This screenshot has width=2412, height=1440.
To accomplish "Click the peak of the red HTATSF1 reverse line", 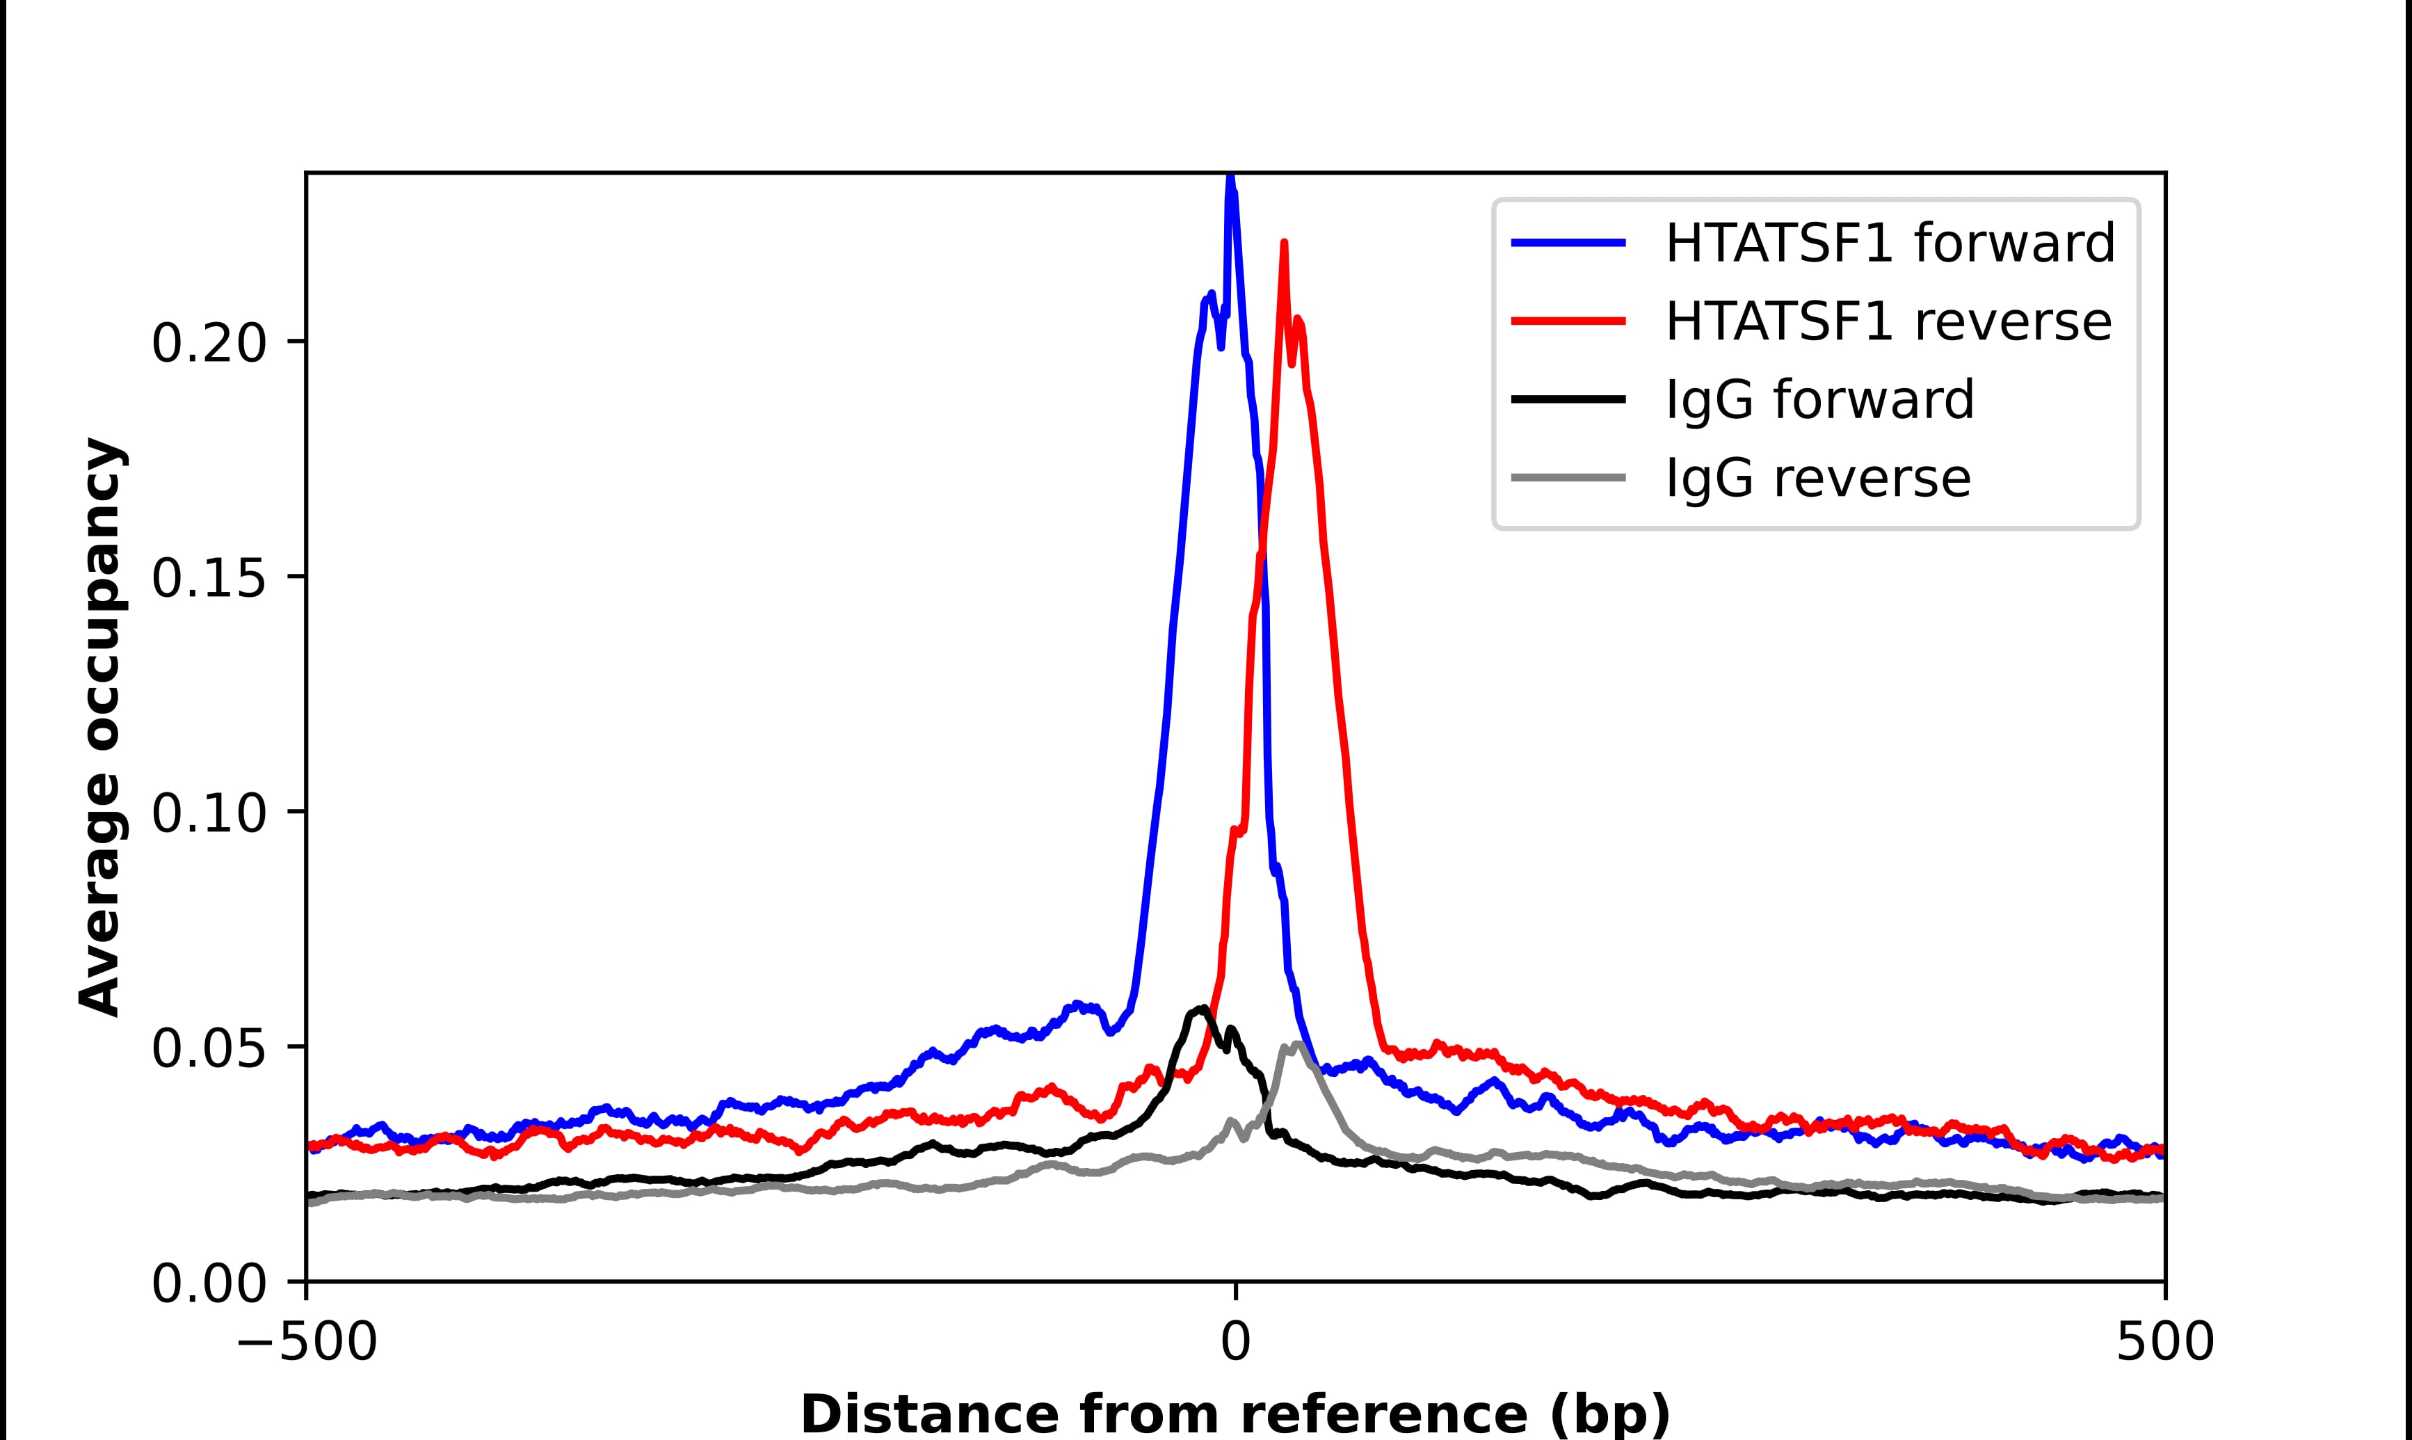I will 1284,243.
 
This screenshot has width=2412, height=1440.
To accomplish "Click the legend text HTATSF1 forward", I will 1889,243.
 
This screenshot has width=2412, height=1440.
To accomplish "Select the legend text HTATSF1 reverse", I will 1888,321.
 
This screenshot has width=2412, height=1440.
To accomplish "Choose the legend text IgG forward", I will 1819,400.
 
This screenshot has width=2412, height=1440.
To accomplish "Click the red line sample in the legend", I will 1568,321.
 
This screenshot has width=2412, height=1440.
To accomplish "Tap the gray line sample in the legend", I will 1568,477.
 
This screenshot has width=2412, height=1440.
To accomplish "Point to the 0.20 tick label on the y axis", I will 209,344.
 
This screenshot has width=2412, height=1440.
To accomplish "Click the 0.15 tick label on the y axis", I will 209,579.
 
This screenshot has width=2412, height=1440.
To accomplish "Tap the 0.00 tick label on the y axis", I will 209,1285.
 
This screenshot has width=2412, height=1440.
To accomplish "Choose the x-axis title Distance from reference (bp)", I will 1235,1413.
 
